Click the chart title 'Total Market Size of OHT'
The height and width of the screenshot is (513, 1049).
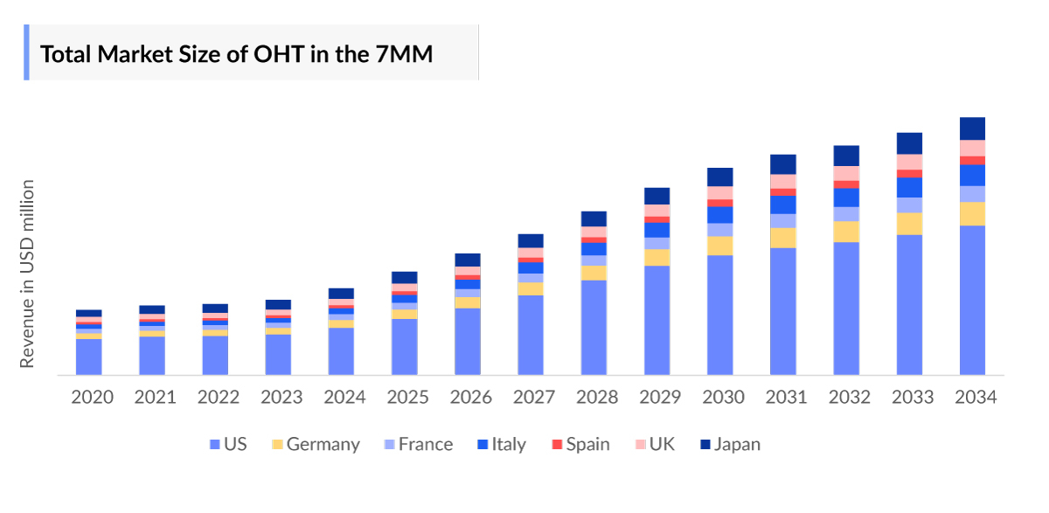[237, 54]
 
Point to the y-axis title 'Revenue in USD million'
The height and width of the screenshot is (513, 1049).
[28, 274]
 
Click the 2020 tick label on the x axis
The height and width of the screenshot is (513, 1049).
[92, 398]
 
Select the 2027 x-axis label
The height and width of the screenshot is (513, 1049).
[533, 398]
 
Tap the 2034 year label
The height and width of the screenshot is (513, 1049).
[976, 398]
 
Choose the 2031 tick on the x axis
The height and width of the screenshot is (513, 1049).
[786, 398]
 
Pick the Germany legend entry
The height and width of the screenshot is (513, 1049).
[315, 444]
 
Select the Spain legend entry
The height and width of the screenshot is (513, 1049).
[580, 444]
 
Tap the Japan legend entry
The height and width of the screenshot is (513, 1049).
[730, 444]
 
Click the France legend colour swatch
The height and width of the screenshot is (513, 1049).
[390, 445]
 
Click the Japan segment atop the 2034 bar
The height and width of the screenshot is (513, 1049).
[972, 128]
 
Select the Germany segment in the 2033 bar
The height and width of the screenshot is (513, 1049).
[909, 224]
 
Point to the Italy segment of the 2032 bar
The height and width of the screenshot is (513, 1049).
[846, 198]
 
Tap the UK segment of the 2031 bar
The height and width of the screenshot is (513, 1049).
[783, 181]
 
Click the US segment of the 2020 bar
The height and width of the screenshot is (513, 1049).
[89, 357]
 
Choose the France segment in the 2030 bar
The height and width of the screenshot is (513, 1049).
[720, 230]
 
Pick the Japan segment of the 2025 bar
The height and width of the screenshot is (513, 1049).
[405, 277]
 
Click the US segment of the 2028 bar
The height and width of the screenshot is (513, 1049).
[594, 328]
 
